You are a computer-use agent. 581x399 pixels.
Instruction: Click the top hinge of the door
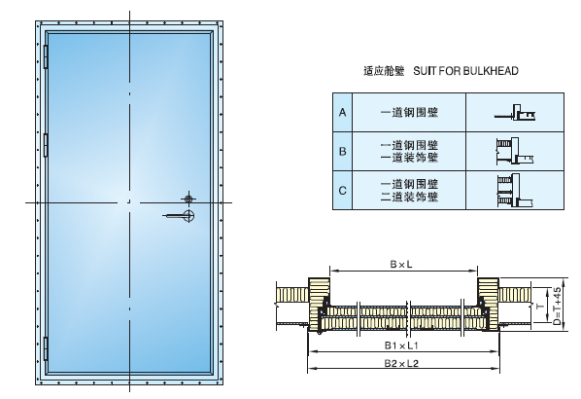(46, 57)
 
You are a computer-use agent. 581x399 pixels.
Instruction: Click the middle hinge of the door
(46, 146)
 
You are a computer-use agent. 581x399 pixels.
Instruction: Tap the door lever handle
(180, 215)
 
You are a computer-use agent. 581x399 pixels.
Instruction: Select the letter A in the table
(342, 114)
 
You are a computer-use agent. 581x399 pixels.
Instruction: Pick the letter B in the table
(342, 151)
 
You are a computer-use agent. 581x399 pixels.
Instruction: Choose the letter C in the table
(342, 189)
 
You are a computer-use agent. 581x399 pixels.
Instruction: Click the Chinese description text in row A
(408, 114)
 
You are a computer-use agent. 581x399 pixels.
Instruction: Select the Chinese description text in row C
(408, 189)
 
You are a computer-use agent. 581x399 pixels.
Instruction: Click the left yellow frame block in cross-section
(321, 297)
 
